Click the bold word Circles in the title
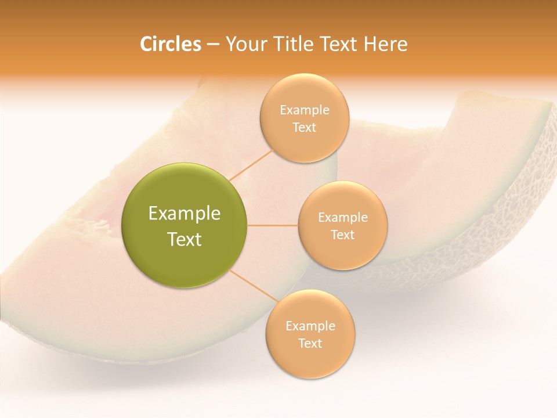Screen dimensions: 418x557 170,44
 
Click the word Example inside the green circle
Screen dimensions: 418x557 185,214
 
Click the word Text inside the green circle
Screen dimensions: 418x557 185,239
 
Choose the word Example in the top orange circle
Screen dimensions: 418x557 305,110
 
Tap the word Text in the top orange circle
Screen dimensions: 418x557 305,128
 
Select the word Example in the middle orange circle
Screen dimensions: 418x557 343,218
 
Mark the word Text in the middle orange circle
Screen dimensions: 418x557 343,235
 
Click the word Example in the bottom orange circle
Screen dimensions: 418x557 310,326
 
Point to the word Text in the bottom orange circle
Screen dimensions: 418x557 310,344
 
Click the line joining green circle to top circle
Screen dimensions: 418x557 251,164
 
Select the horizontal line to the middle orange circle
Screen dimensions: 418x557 273,225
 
